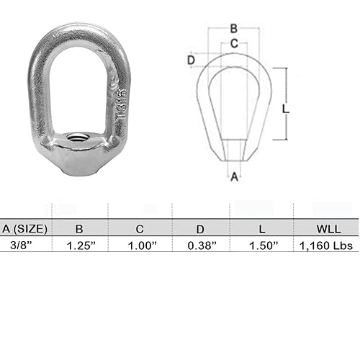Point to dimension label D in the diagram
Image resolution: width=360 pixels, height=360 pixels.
click(191, 60)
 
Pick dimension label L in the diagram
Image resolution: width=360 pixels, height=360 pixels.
click(286, 109)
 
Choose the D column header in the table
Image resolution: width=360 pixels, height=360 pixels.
click(200, 229)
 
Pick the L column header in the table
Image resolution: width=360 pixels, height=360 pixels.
click(261, 229)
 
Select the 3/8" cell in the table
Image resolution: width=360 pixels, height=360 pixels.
click(14, 246)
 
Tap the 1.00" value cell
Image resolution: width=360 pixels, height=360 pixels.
click(140, 246)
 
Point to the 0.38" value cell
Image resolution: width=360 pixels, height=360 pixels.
click(201, 246)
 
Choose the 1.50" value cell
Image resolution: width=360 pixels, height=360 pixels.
click(261, 246)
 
